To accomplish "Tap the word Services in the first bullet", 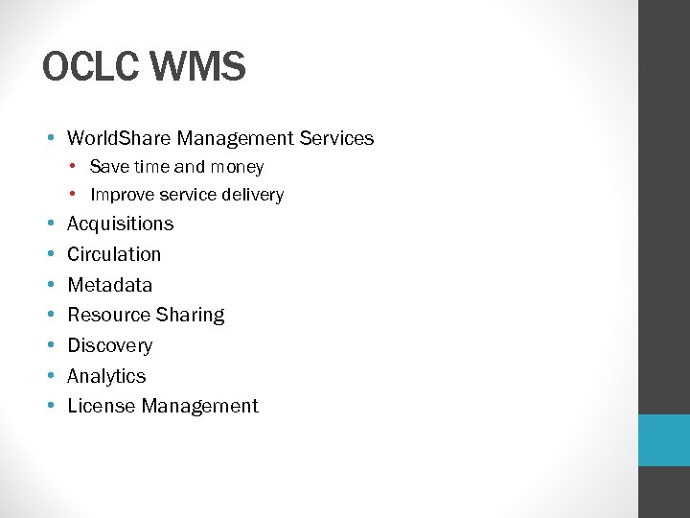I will (336, 138).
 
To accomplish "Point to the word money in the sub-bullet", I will (237, 167).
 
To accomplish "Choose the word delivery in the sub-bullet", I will (251, 195).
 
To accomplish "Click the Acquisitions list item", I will (120, 224).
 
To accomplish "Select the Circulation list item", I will (114, 254).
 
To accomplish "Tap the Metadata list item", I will (109, 285).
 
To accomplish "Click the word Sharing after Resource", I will (192, 315).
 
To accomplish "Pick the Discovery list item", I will (109, 345).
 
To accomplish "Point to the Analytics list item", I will (106, 376).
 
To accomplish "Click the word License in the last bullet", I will (101, 406).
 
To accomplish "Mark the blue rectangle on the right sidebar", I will (664, 440).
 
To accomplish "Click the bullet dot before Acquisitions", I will (49, 224).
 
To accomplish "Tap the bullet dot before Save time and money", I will (75, 167).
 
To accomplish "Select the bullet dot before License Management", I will (49, 407).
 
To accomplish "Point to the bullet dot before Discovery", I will (49, 346).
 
